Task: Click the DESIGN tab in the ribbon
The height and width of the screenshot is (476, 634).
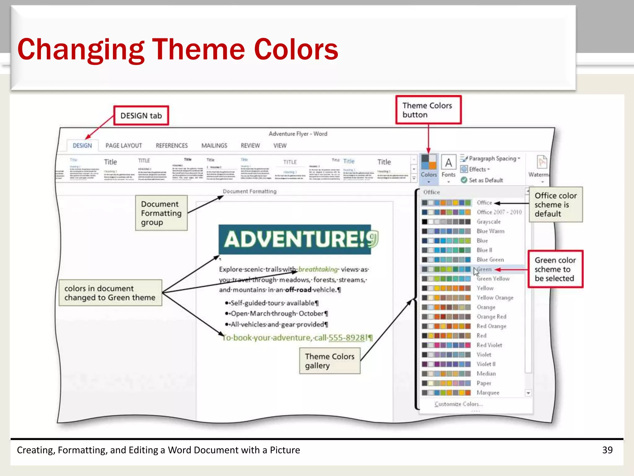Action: pos(82,146)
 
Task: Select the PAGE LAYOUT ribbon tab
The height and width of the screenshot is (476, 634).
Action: pos(124,146)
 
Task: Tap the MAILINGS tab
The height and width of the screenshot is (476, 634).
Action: pos(214,146)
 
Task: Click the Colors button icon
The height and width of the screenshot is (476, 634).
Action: pos(429,162)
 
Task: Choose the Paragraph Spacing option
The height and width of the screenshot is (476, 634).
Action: pos(492,159)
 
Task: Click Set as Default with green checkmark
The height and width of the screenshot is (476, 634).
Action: pos(485,180)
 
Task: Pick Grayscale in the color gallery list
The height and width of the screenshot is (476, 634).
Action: pos(489,222)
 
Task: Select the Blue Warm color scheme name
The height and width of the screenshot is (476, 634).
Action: pos(490,231)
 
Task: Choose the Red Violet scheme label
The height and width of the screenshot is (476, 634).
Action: pos(489,345)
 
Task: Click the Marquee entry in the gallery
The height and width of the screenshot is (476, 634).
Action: pos(488,393)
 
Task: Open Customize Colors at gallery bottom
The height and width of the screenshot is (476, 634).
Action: pos(458,404)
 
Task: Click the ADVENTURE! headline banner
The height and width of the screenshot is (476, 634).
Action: pos(295,240)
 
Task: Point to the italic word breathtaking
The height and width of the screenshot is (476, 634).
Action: pos(318,269)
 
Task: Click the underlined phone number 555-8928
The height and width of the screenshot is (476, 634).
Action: pos(347,337)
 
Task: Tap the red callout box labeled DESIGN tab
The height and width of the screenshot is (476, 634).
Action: pos(141,116)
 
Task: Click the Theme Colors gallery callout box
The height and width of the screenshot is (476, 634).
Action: pos(330,361)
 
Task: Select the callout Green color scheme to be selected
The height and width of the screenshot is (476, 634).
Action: pos(555,269)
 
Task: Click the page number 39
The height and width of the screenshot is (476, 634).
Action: pos(607,450)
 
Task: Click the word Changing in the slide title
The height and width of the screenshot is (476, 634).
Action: pos(81,50)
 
